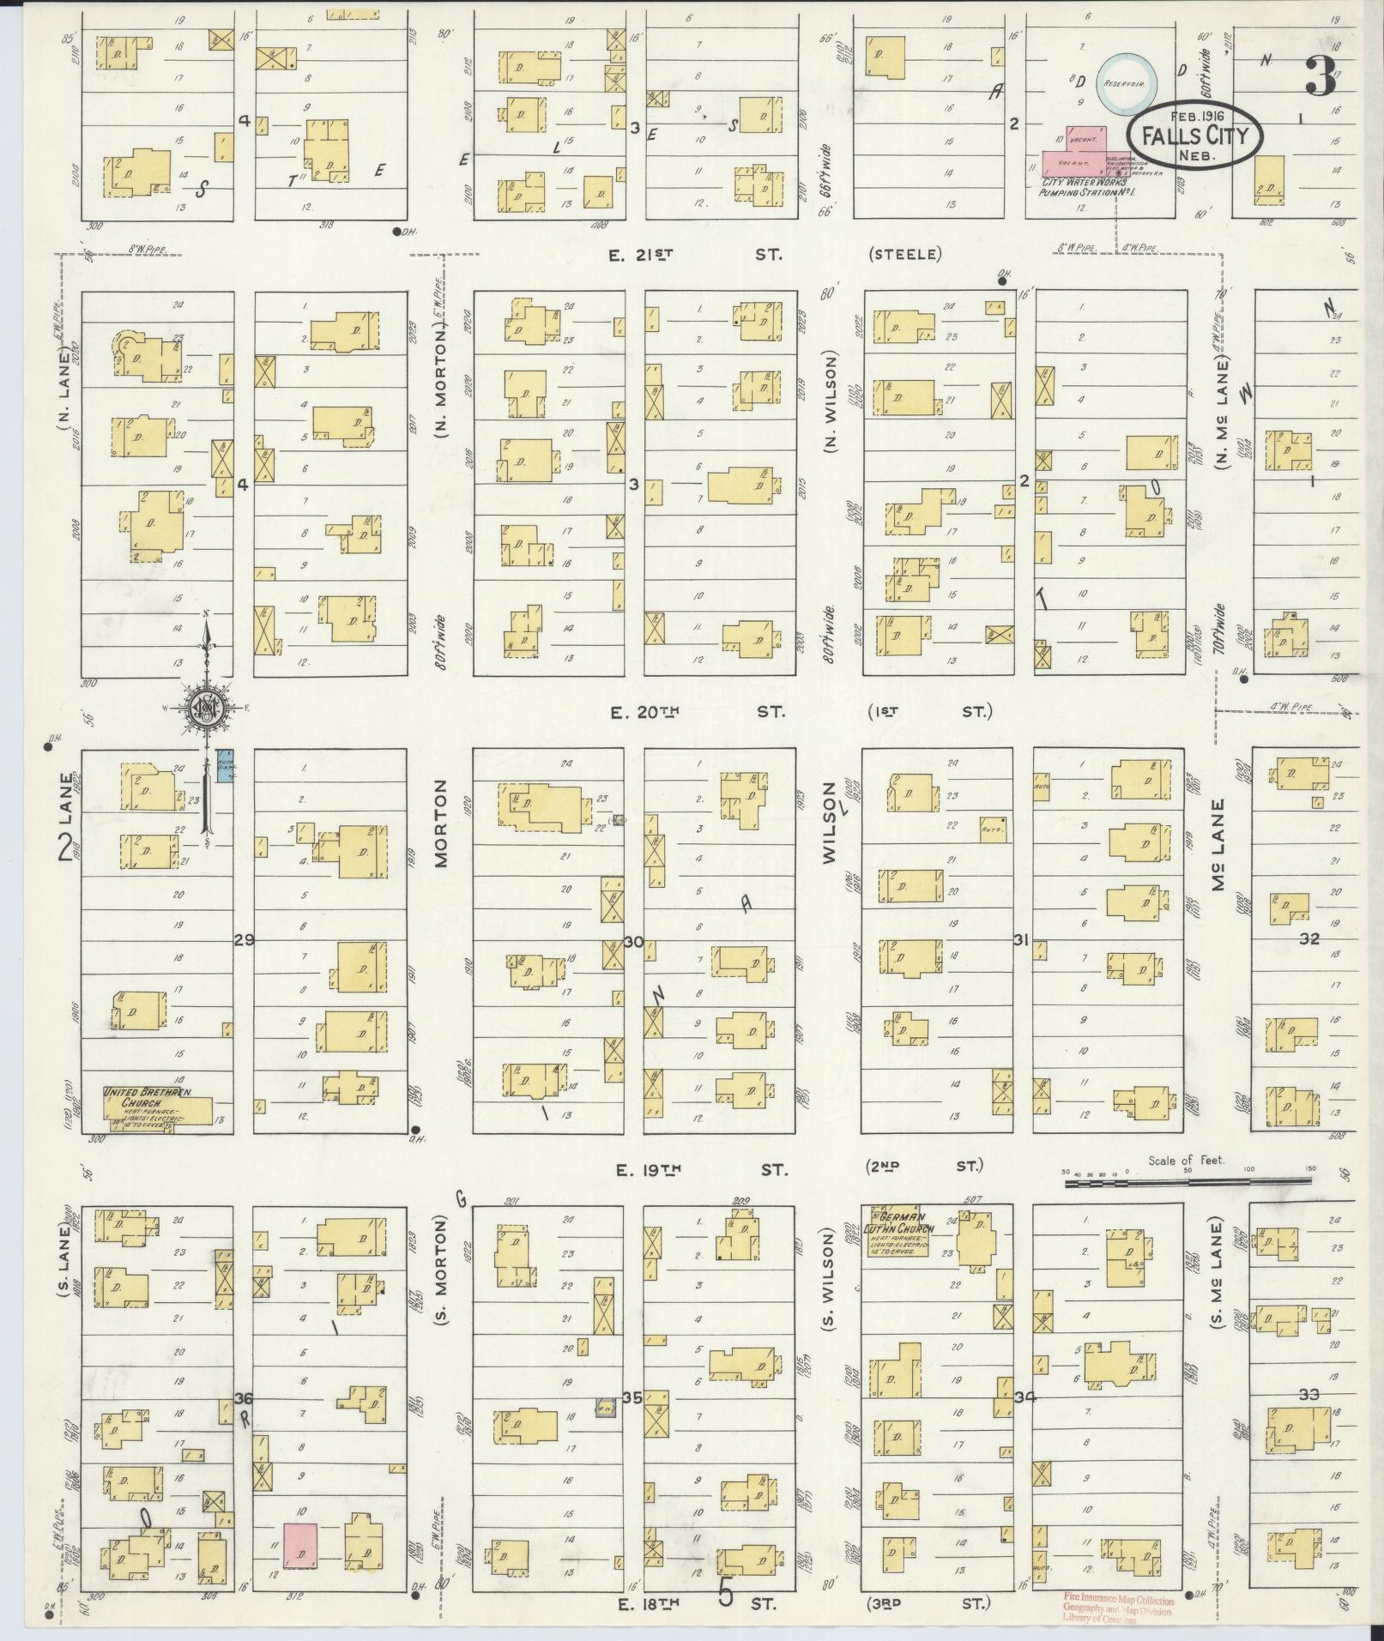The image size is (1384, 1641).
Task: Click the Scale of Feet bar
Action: coord(1188,1183)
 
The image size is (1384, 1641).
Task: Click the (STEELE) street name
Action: coord(904,254)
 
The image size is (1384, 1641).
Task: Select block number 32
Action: coord(1308,939)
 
